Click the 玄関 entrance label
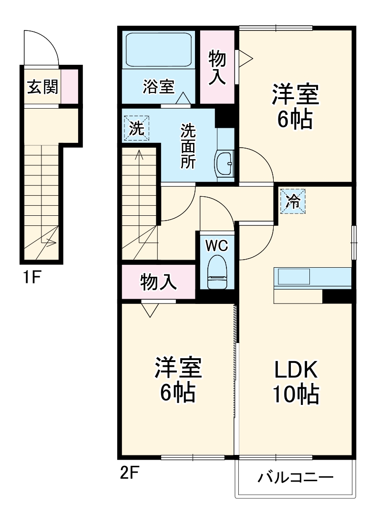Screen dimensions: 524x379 click(42, 87)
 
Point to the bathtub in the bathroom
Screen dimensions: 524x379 click(158, 50)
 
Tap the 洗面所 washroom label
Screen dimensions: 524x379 click(188, 146)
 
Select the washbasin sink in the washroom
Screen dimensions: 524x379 click(224, 163)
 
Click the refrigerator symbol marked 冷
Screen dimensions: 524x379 click(292, 202)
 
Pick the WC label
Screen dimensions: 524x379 click(217, 245)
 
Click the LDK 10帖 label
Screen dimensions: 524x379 click(296, 381)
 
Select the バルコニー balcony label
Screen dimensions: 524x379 click(295, 478)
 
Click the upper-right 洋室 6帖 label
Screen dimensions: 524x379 click(295, 106)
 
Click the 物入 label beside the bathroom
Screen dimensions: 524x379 click(217, 68)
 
